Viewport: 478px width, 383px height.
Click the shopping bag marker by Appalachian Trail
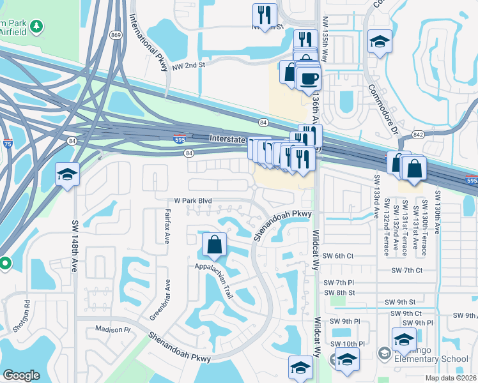click(x=214, y=244)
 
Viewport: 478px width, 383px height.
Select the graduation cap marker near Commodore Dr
click(x=380, y=42)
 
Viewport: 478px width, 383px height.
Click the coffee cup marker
click(x=310, y=79)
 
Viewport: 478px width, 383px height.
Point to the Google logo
click(x=21, y=375)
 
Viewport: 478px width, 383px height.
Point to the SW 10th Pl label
click(x=348, y=344)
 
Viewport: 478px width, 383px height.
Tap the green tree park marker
click(x=38, y=26)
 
